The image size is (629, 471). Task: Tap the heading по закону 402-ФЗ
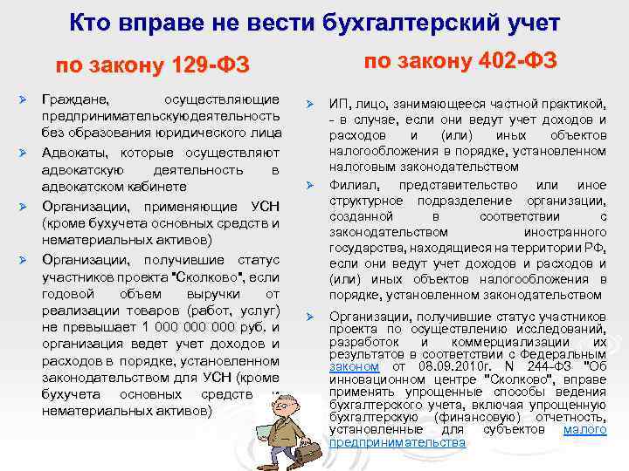pyautogui.click(x=460, y=60)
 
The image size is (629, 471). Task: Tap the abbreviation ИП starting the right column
pyautogui.click(x=337, y=105)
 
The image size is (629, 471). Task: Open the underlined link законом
pyautogui.click(x=354, y=367)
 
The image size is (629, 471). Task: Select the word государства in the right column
pyautogui.click(x=365, y=248)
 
